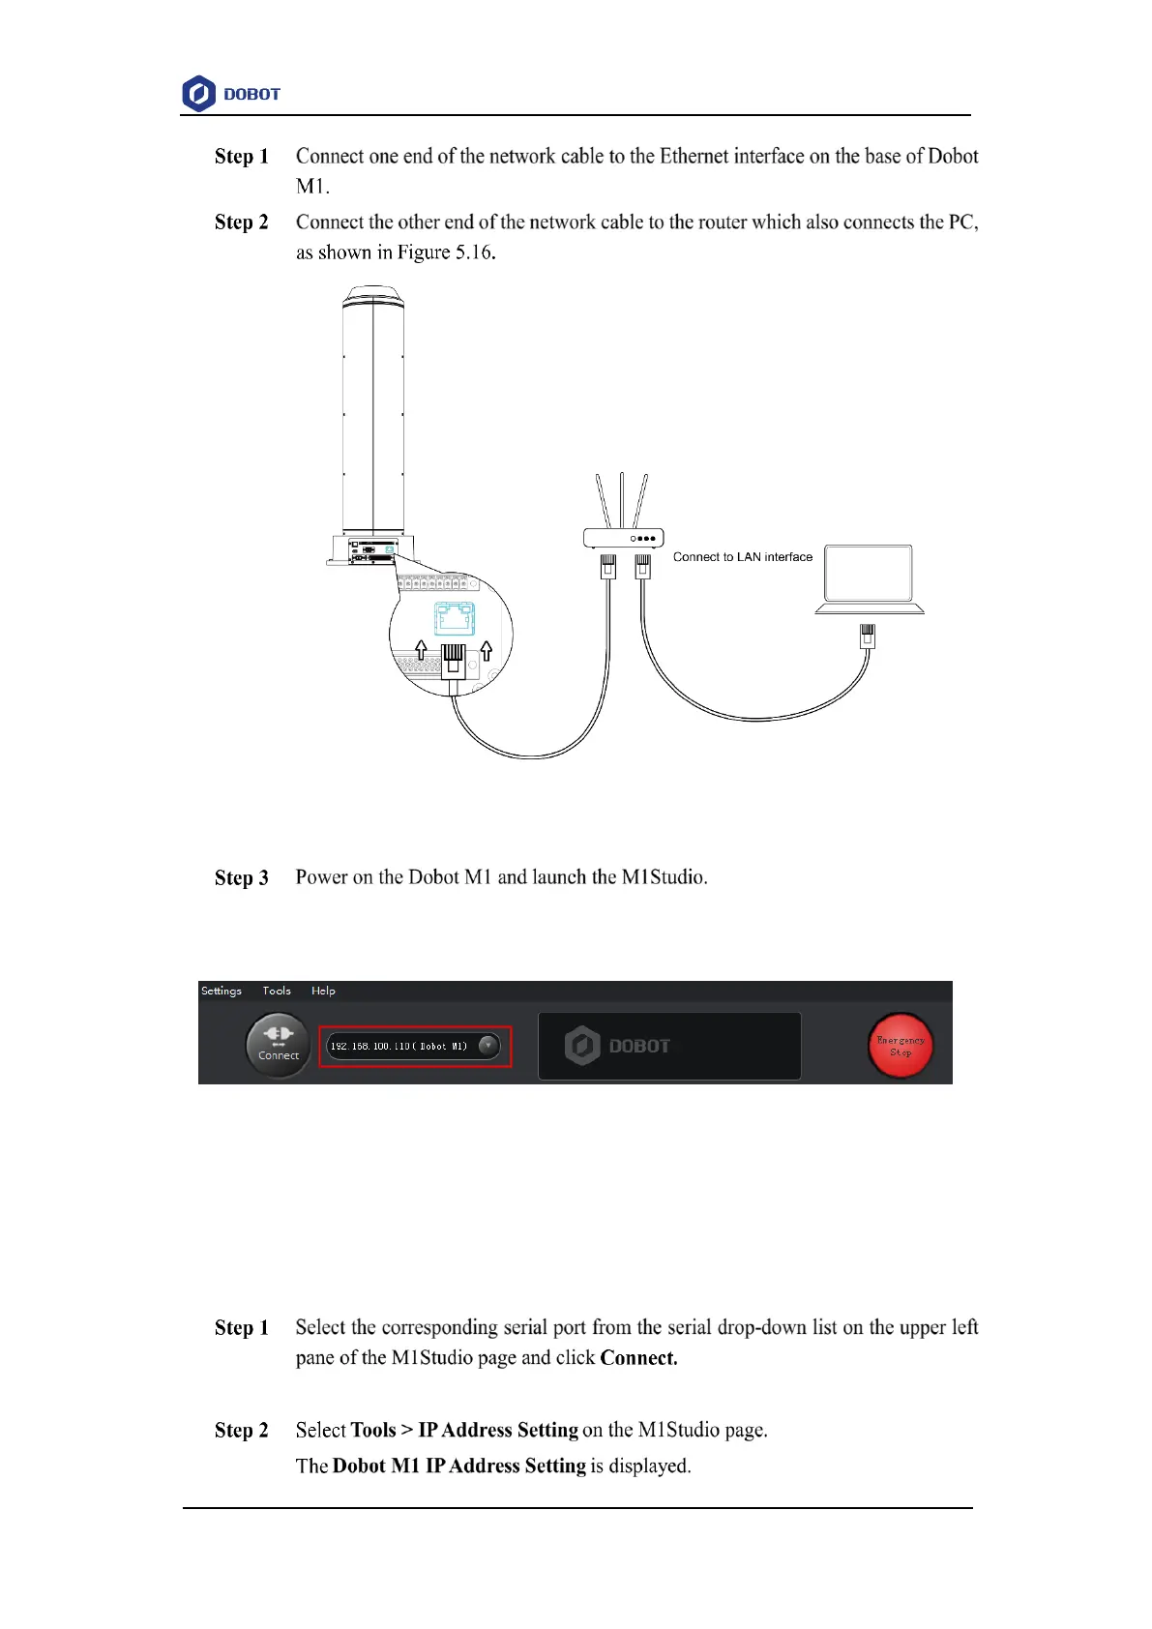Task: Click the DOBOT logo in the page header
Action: tap(231, 94)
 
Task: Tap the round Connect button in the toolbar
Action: tap(278, 1045)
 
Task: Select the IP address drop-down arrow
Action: tap(488, 1045)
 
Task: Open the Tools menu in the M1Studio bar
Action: tap(277, 991)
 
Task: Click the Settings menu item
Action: tap(222, 991)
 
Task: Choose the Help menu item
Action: tap(323, 991)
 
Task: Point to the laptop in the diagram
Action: tap(869, 578)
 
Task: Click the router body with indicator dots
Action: tap(623, 538)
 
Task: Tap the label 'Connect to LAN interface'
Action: tap(742, 557)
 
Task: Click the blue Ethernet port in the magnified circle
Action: tap(454, 616)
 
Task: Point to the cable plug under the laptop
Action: tap(868, 636)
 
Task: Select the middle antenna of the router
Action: tap(622, 498)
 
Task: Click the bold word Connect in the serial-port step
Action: tap(638, 1358)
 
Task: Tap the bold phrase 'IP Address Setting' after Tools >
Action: tap(498, 1430)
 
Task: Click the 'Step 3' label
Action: tap(241, 877)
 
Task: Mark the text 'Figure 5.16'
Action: tap(445, 252)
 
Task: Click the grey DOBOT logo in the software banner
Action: tap(618, 1046)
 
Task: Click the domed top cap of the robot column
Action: tap(373, 294)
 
